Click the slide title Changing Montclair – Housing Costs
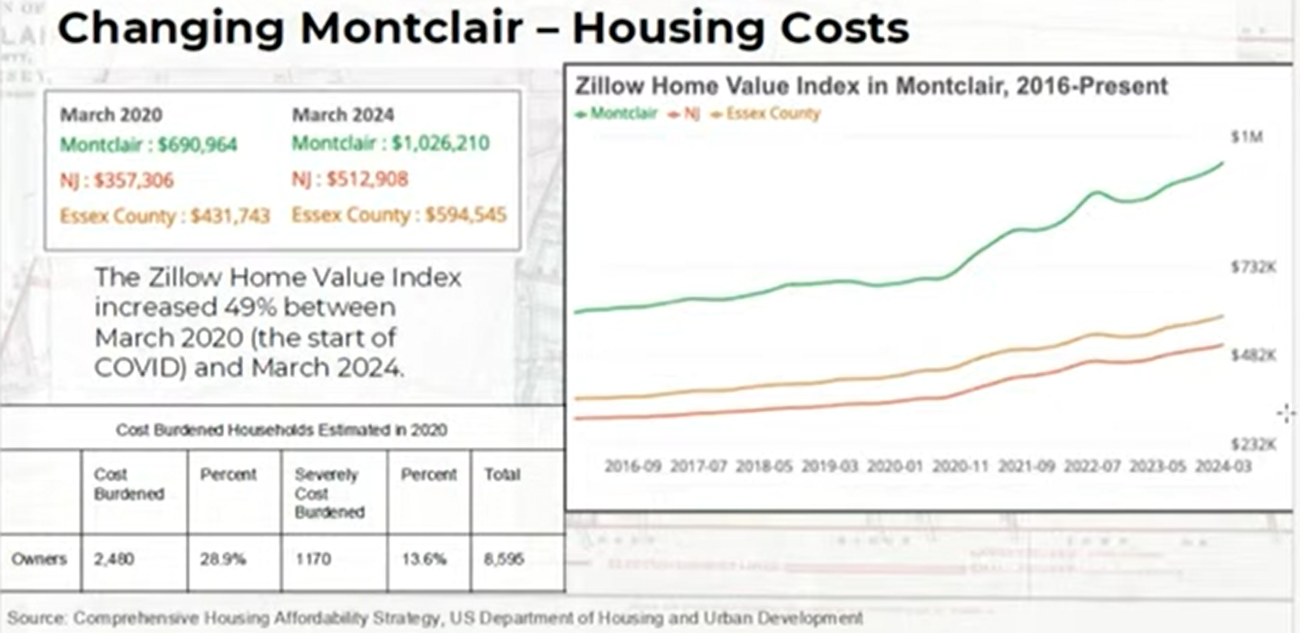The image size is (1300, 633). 483,28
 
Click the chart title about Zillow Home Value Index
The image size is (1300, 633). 871,86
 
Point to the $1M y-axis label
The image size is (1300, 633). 1246,137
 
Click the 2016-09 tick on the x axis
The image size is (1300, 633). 633,467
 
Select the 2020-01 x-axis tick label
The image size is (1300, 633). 895,467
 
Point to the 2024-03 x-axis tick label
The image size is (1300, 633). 1223,467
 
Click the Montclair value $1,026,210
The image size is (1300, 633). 440,144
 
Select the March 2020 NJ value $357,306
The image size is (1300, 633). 133,180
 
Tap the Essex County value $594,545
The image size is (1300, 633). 466,215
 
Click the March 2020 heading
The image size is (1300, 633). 111,114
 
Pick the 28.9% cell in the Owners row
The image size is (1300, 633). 222,559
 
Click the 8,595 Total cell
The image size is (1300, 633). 504,559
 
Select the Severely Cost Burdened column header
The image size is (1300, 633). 329,493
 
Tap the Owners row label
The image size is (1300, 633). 39,559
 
